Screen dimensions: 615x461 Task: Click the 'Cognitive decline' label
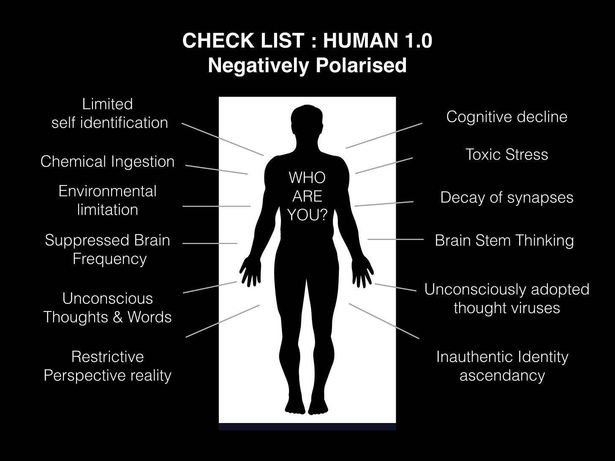tap(506, 117)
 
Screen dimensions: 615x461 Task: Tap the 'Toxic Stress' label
tap(506, 154)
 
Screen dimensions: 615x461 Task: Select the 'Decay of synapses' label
tap(506, 197)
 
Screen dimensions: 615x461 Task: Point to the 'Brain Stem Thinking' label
tap(504, 240)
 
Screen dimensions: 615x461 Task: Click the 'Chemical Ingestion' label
tap(107, 161)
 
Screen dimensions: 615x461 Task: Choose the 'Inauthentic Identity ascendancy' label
tap(502, 366)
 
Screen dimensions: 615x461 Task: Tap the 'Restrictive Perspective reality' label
tap(107, 366)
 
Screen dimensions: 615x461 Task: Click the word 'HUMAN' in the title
tap(359, 41)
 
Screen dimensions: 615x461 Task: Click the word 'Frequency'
tap(109, 259)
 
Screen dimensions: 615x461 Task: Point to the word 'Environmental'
tap(107, 191)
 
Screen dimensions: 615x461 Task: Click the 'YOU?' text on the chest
tap(307, 215)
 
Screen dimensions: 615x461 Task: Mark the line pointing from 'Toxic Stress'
tap(384, 166)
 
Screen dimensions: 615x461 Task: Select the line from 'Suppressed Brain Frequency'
tap(210, 243)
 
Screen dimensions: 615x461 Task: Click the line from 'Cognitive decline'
tap(384, 136)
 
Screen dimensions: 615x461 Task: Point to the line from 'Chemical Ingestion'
tap(216, 169)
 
